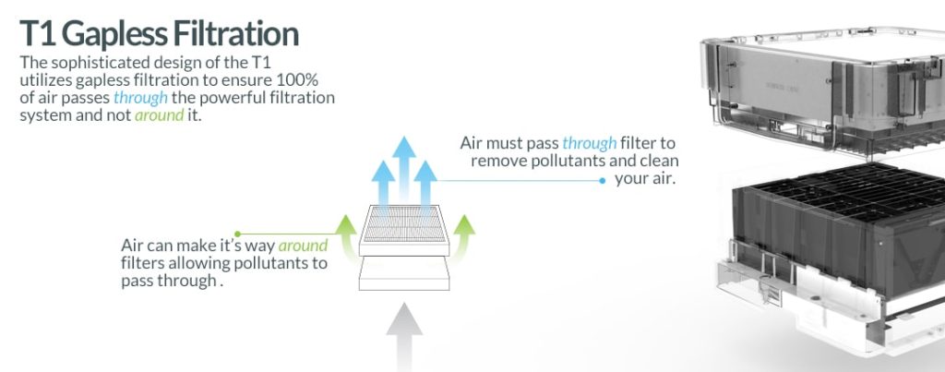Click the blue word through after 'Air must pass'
tap(589, 143)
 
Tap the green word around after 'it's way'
tap(303, 246)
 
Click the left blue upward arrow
tap(383, 184)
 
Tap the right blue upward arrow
tap(425, 184)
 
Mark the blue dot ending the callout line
tap(602, 180)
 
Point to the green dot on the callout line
tap(237, 234)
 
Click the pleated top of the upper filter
tap(404, 223)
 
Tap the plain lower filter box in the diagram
tap(404, 275)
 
